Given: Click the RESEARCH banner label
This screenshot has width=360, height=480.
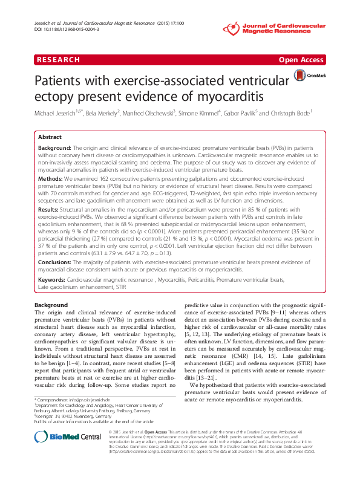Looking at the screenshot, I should [x=57, y=60].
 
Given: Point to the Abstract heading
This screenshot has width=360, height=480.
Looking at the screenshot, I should [x=50, y=137].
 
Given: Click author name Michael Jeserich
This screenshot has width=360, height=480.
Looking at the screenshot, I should [x=60, y=113].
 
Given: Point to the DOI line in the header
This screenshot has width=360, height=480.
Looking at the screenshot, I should [x=67, y=29].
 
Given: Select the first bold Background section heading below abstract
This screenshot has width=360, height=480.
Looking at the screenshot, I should [x=51, y=305].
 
